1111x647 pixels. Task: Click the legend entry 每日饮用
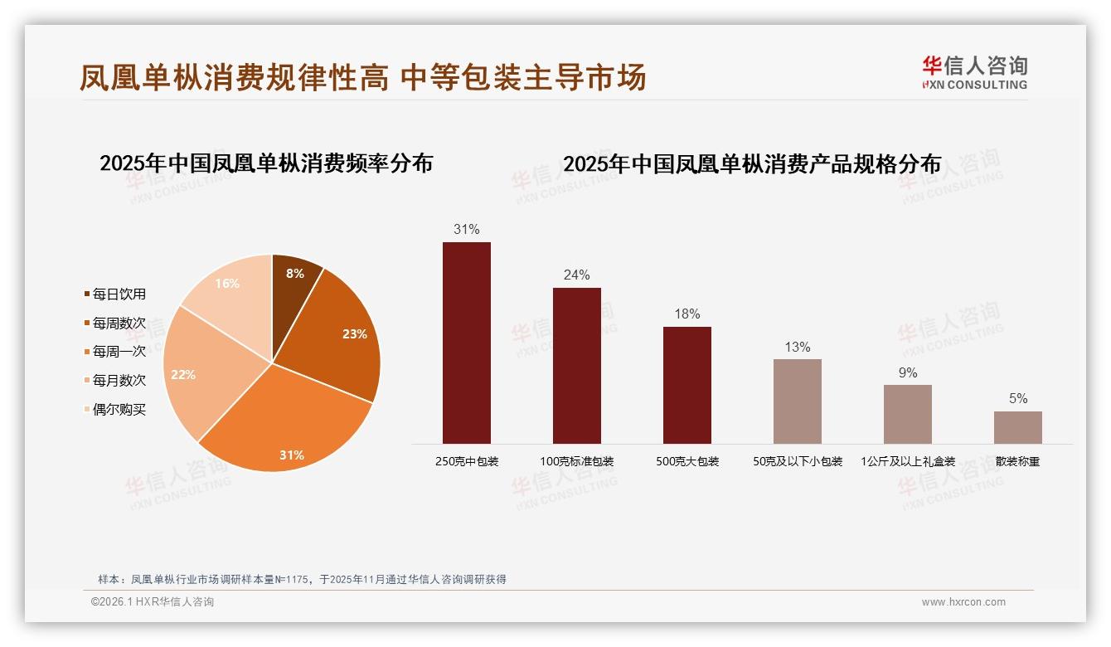coord(119,294)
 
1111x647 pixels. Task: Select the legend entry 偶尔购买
coord(119,410)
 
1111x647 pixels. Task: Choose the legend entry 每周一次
coord(119,352)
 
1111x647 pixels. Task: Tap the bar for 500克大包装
coord(687,385)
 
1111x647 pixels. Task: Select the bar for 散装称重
coord(1018,427)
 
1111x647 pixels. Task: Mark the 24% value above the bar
coord(576,275)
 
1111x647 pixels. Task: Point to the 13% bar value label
coord(797,347)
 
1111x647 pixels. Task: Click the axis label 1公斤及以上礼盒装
coord(908,461)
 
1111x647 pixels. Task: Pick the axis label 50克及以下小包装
coord(798,461)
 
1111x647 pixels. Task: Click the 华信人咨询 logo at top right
coord(974,72)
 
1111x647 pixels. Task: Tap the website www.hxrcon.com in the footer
coord(963,602)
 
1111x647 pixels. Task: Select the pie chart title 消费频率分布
coord(266,163)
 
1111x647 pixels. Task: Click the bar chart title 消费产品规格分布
coord(752,164)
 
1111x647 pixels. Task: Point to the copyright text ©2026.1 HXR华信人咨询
coord(153,602)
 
